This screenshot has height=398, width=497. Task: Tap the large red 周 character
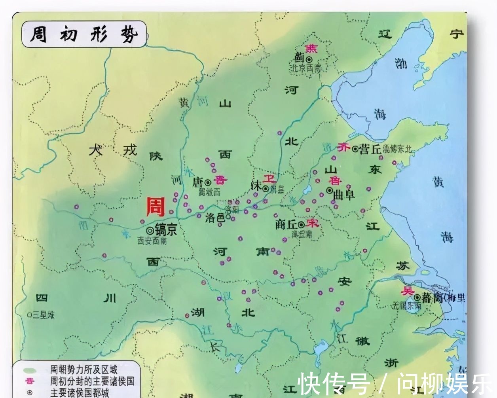[156, 207]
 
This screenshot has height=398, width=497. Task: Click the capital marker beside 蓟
[309, 59]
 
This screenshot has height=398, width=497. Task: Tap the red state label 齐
[344, 148]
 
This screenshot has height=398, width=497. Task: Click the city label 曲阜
[344, 195]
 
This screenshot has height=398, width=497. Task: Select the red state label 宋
[312, 223]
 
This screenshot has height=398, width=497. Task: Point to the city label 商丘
[286, 224]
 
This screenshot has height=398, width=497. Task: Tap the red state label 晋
[220, 180]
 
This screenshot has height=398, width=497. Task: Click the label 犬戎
[113, 150]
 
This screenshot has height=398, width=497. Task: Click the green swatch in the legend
[30, 371]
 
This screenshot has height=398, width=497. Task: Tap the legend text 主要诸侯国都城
[79, 393]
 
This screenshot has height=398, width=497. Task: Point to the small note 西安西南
[152, 240]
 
